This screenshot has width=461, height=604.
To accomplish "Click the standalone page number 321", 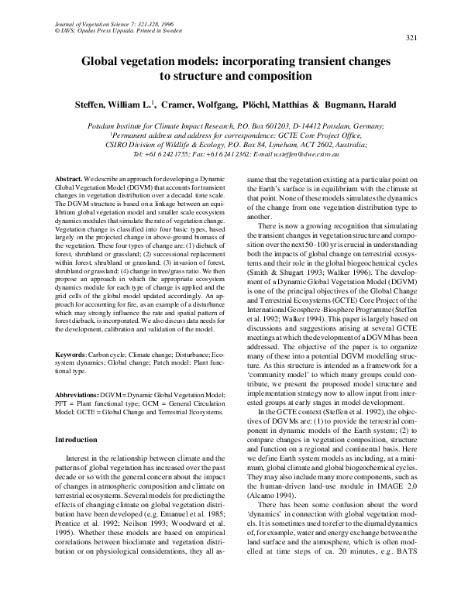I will click(411, 38).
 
